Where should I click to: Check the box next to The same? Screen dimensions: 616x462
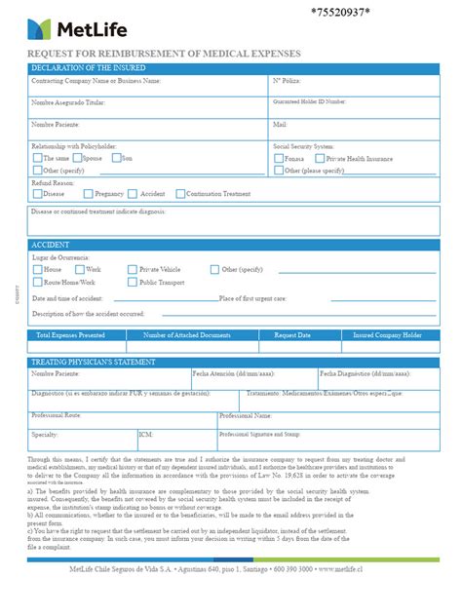pos(38,158)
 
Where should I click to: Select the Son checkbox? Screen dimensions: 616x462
pos(116,158)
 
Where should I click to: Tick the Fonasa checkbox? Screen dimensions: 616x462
pos(280,158)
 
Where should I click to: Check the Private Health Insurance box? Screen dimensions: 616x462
pos(319,158)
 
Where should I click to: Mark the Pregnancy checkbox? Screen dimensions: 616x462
pos(89,194)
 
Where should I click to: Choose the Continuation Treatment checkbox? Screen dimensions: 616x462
pos(178,194)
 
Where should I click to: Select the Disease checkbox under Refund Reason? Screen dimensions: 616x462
pos(37,194)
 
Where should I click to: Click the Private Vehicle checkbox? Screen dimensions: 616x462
pos(133,269)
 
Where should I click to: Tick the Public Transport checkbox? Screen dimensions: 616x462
pos(133,283)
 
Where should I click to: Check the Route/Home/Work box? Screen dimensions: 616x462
pos(37,283)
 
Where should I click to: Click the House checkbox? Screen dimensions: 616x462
pos(37,269)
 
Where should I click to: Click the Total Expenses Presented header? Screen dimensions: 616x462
pos(70,334)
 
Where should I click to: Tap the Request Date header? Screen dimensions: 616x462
pos(292,334)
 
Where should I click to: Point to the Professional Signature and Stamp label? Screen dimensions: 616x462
pos(259,434)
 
